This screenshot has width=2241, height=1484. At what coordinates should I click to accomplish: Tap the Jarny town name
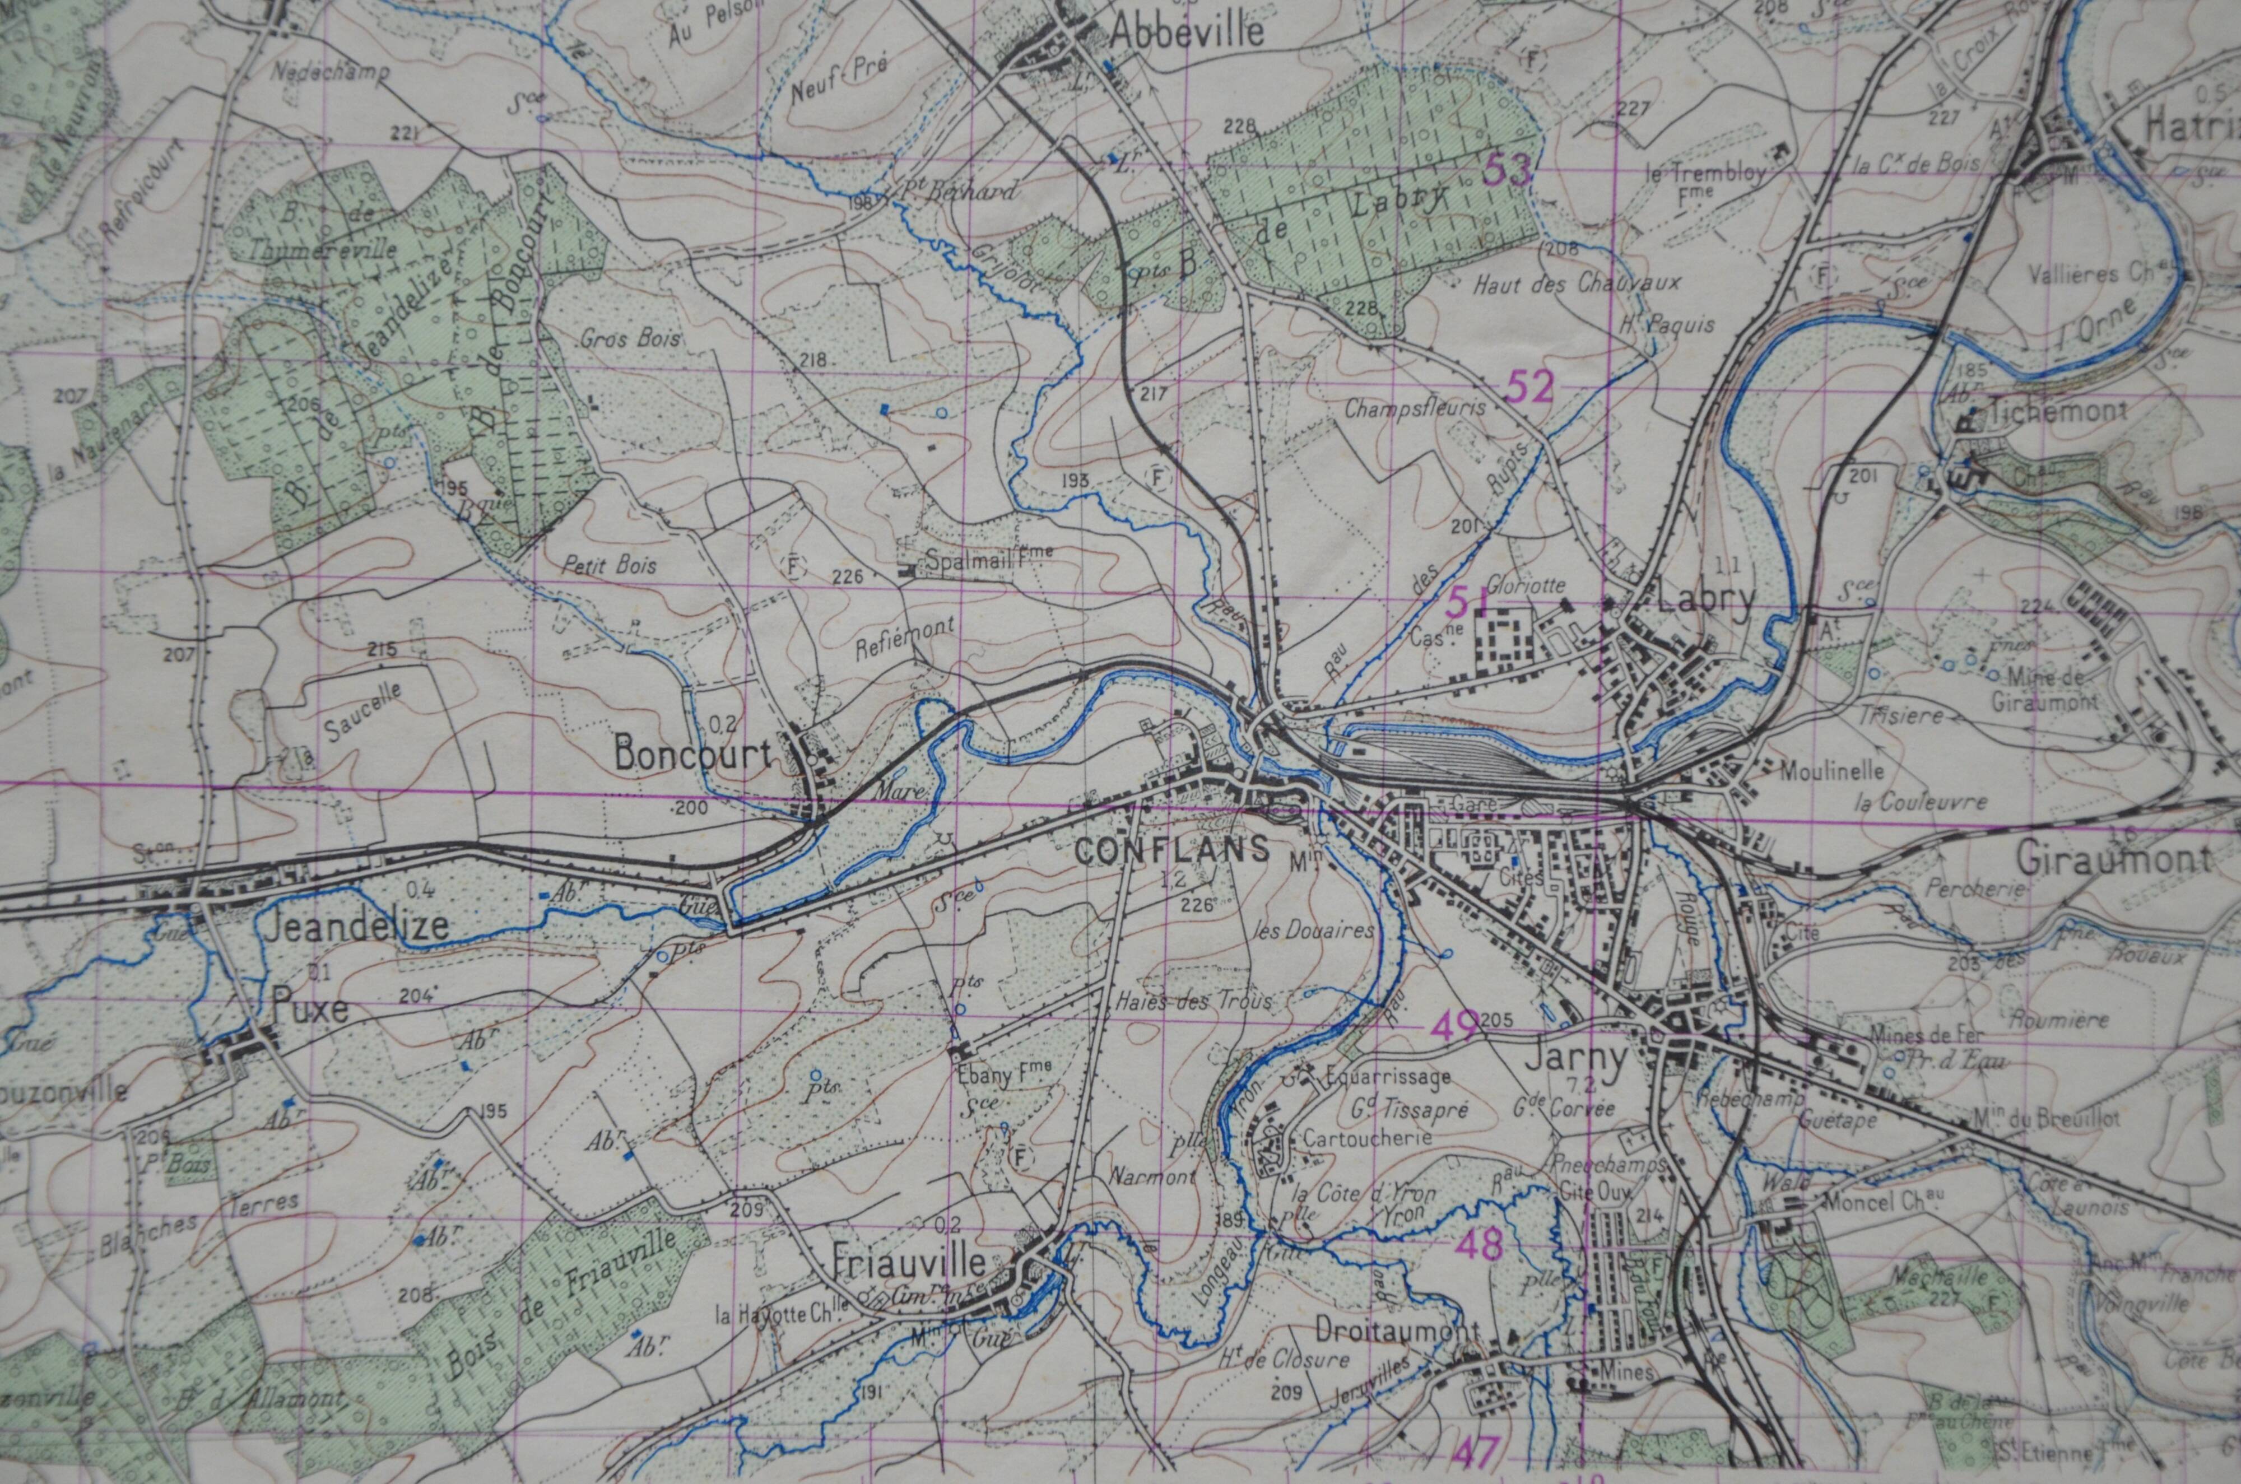tap(1575, 1057)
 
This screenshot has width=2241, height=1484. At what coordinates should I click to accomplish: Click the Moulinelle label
tap(1832, 771)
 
